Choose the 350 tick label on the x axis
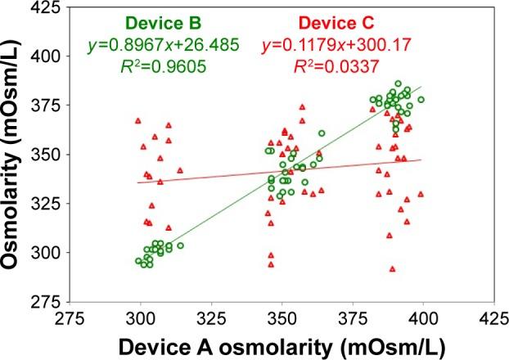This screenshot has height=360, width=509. click(x=282, y=314)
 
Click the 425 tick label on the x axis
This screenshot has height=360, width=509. click(x=480, y=314)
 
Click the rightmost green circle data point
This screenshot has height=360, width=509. click(x=421, y=100)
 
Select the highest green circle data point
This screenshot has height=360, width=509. click(x=399, y=83)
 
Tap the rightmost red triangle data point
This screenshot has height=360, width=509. click(x=421, y=195)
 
